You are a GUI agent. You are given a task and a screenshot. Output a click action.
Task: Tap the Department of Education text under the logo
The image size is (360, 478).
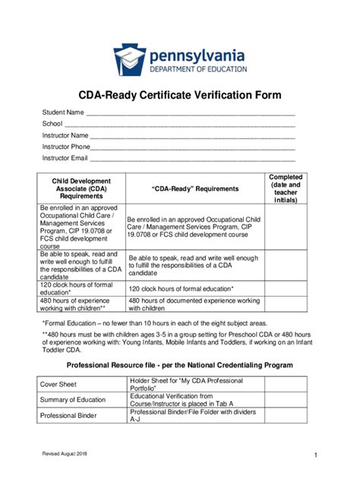coord(197,69)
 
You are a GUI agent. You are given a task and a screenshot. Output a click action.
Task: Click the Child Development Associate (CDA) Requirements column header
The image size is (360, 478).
coord(81,189)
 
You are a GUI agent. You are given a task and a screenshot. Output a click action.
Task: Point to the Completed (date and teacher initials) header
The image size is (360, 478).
coord(286,189)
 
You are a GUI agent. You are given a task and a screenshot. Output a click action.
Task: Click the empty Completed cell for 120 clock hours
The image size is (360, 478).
coord(286,288)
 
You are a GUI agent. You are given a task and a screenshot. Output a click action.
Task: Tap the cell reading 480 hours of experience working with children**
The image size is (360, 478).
coord(81,304)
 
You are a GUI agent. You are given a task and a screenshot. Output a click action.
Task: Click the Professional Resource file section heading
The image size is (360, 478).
coord(180,365)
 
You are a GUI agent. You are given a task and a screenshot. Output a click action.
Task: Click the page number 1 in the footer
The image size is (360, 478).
coord(314,454)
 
